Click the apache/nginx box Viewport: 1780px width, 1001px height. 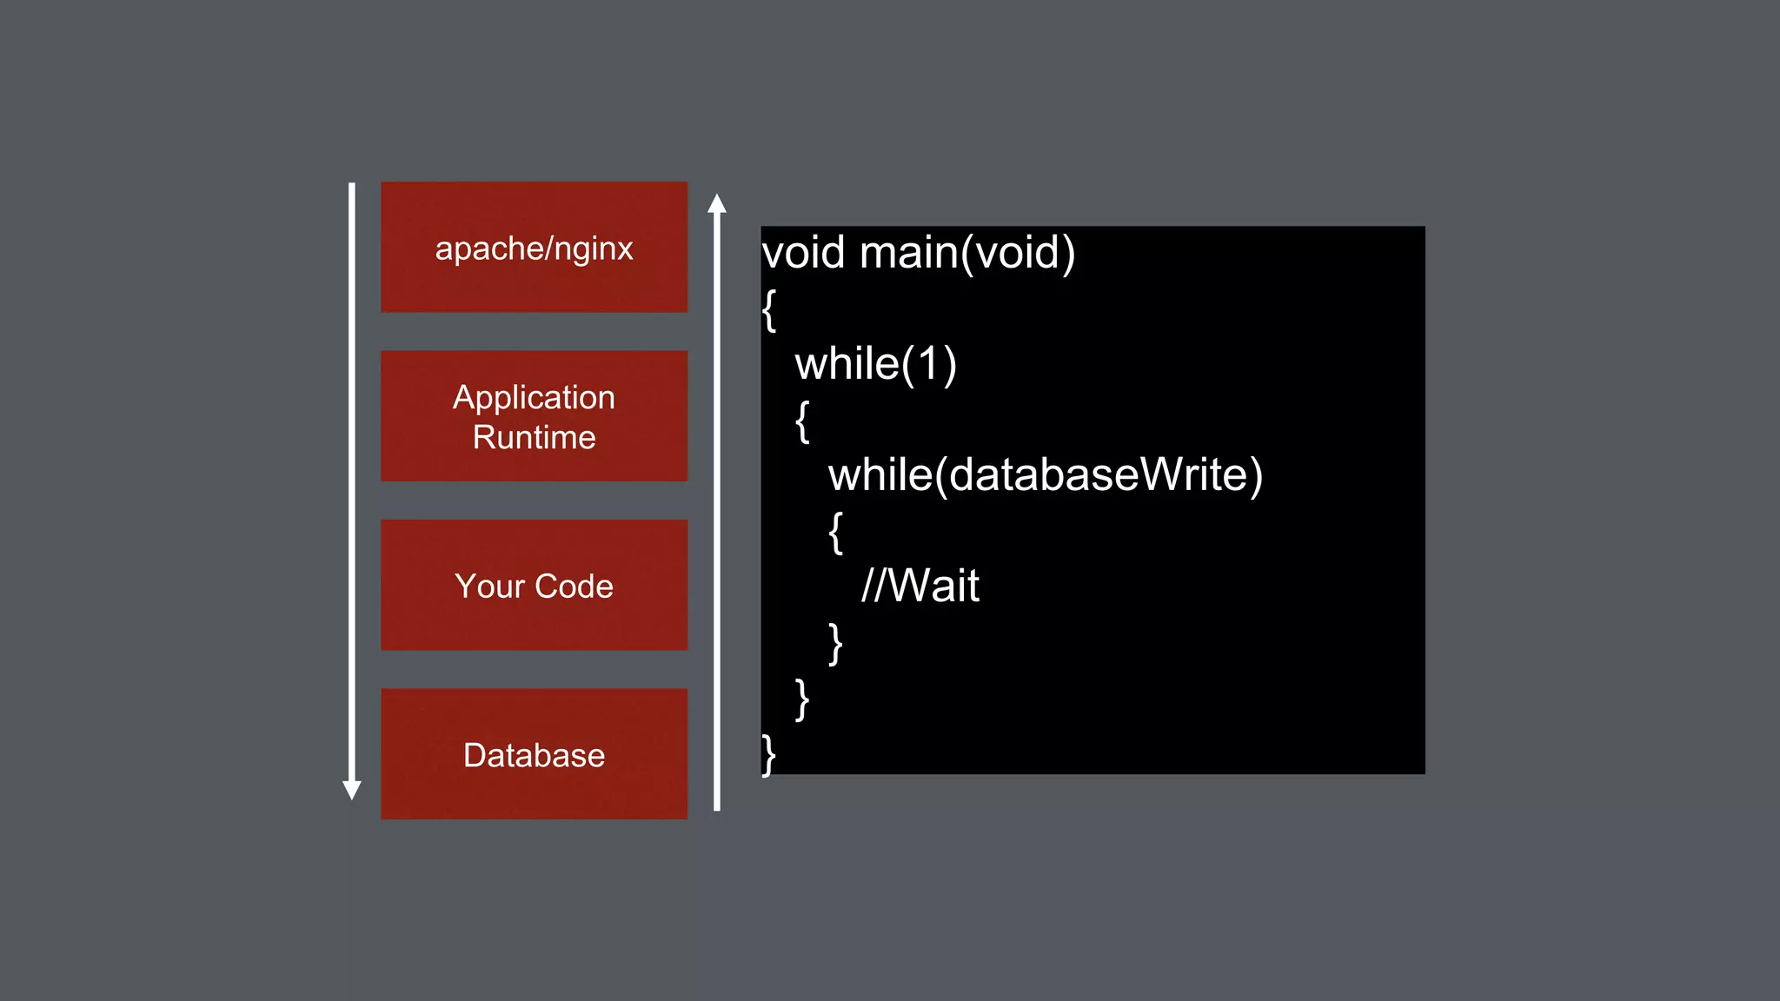[534, 248]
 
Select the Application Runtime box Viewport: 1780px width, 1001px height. [534, 416]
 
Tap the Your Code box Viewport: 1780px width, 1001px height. [534, 586]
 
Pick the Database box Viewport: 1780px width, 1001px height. [534, 754]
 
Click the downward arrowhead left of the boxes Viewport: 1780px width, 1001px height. [352, 789]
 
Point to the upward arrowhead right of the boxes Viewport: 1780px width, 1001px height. [717, 204]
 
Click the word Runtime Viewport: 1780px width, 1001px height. [534, 437]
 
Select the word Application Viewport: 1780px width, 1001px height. [534, 398]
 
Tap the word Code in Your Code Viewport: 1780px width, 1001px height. [573, 587]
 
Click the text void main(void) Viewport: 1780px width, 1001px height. [918, 253]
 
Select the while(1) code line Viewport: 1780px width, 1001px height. [875, 363]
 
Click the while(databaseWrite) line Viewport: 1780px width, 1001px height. [1045, 474]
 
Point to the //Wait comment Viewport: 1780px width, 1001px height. [920, 586]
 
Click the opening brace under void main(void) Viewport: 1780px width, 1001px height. [769, 309]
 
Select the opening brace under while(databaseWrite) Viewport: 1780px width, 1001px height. [836, 532]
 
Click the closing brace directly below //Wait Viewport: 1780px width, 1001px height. [836, 643]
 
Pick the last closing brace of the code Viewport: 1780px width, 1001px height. [769, 754]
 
